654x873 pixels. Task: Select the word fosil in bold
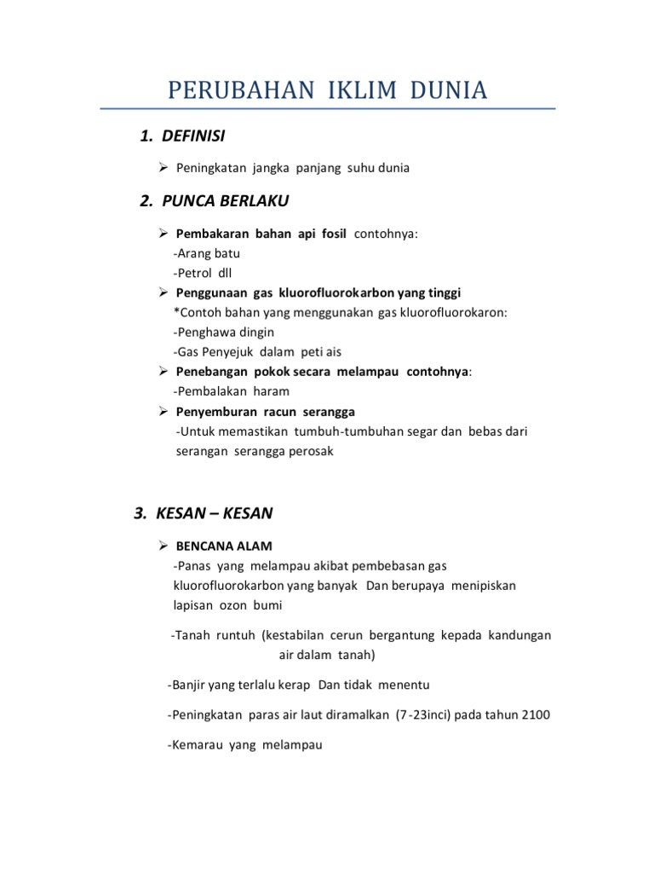(329, 234)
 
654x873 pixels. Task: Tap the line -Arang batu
(206, 254)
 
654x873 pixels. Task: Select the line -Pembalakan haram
(231, 391)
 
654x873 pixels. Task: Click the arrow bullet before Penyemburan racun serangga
(164, 412)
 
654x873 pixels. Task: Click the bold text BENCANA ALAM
(224, 546)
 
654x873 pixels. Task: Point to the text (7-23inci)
(423, 715)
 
